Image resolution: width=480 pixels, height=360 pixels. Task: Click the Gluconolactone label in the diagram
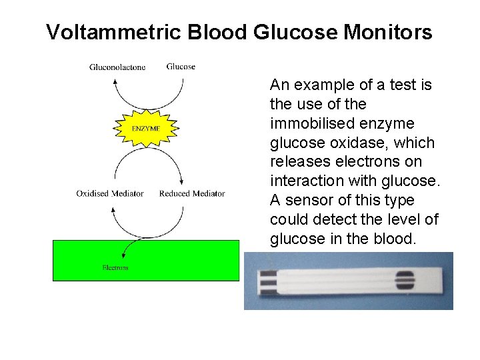[117, 67]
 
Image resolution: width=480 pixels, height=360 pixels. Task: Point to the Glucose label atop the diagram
[181, 66]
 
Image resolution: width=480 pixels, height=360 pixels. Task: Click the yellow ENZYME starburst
[146, 127]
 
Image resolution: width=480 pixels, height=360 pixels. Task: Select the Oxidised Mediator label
[110, 193]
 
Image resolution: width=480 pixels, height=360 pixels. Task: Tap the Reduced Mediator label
[192, 193]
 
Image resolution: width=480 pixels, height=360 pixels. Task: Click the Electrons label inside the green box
[115, 267]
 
